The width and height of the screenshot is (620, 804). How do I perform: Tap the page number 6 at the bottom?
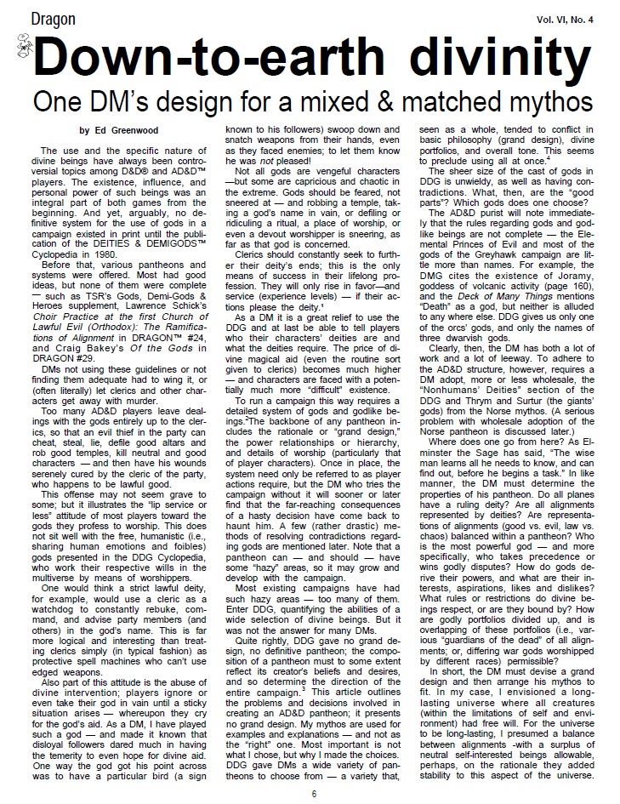(313, 793)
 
